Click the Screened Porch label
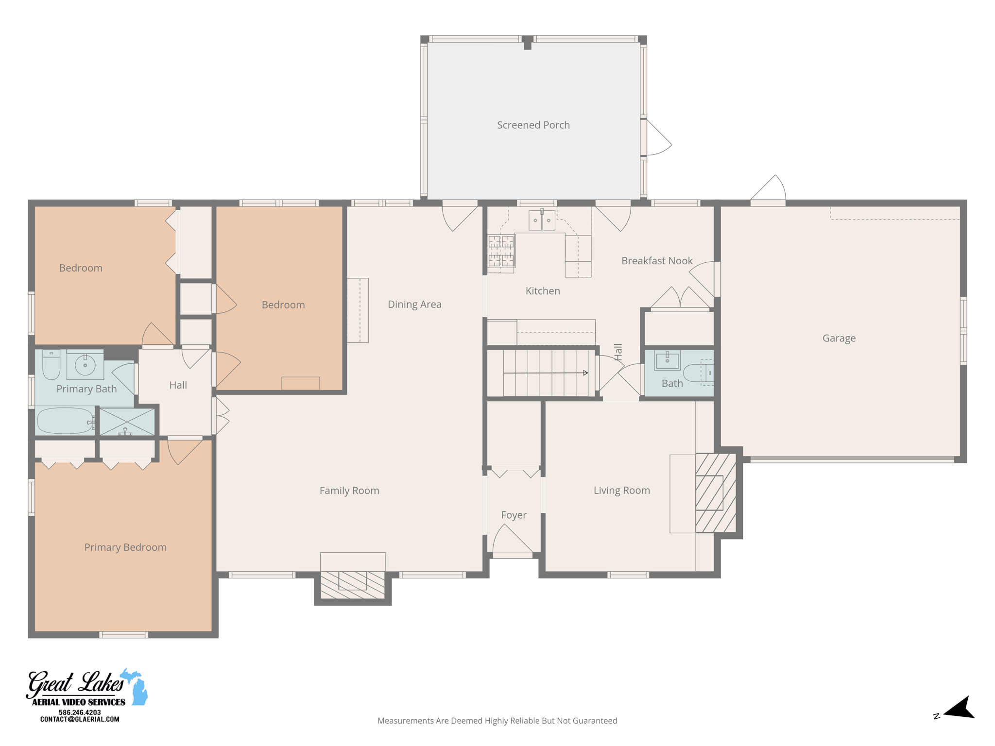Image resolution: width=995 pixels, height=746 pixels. coord(533,125)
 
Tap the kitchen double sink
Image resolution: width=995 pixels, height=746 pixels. coord(542,220)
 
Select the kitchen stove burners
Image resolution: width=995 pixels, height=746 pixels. coord(501,251)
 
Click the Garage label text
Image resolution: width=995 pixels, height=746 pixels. coord(839,338)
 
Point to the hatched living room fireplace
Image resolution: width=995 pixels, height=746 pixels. coord(715,493)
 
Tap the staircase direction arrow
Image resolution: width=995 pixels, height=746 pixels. coord(585,373)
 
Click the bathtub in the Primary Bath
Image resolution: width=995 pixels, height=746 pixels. coord(65,421)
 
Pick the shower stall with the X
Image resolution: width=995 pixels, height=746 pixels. coord(127,422)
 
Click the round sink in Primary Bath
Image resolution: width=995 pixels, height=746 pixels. coord(85,365)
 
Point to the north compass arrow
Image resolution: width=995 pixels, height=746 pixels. coord(960,708)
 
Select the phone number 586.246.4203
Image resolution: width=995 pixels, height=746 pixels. coord(80,712)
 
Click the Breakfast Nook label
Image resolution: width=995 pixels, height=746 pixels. coord(657,261)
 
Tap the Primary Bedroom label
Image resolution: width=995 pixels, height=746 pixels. coord(125,547)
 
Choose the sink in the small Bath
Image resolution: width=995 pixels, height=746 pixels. coord(667,361)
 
